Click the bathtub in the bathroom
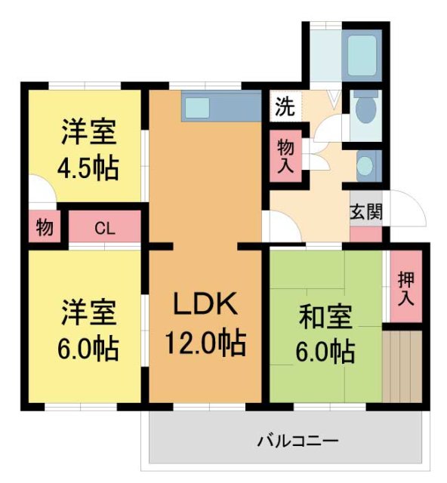360,54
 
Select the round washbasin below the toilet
365,165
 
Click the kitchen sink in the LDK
197,107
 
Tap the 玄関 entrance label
365,211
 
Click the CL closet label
105,228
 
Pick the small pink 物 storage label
44,227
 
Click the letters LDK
205,305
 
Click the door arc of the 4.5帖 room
41,189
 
